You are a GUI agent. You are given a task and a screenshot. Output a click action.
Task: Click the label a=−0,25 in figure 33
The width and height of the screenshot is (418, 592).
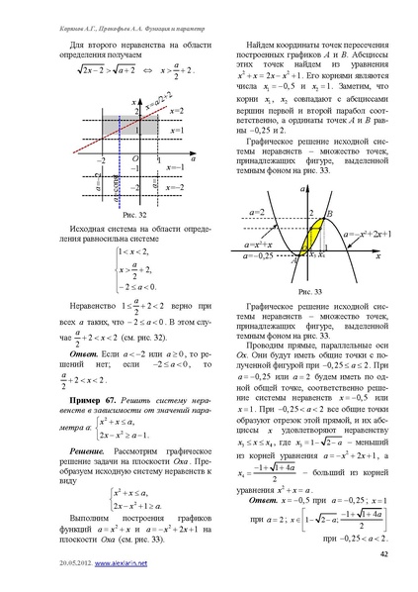click(x=259, y=260)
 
